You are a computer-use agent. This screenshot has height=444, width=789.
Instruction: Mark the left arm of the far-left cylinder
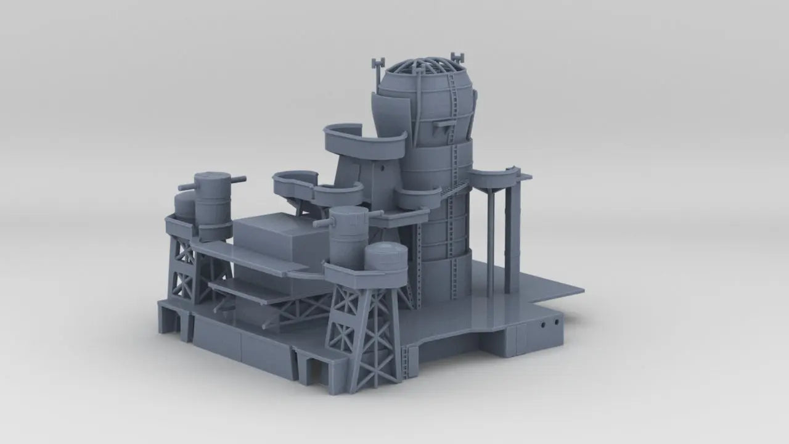click(x=187, y=186)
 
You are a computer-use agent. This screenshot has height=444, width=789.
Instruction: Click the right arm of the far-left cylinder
click(x=238, y=180)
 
